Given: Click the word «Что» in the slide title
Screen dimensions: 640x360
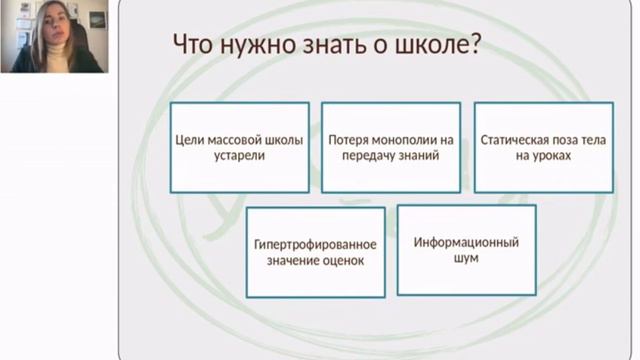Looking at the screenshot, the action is tap(193, 44).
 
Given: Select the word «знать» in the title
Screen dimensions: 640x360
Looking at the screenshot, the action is tap(334, 44).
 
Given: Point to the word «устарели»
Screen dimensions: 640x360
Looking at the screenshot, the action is tap(240, 156).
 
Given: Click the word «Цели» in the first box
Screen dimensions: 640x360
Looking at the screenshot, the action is tap(190, 140).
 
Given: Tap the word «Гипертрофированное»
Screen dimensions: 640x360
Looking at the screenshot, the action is tap(315, 245).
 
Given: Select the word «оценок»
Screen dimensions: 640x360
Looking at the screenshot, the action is tap(343, 261).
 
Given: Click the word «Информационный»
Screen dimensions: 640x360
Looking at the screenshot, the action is tap(466, 242).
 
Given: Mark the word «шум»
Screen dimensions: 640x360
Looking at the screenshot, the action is tap(466, 258).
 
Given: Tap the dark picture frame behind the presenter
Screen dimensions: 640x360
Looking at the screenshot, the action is tap(97, 20).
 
